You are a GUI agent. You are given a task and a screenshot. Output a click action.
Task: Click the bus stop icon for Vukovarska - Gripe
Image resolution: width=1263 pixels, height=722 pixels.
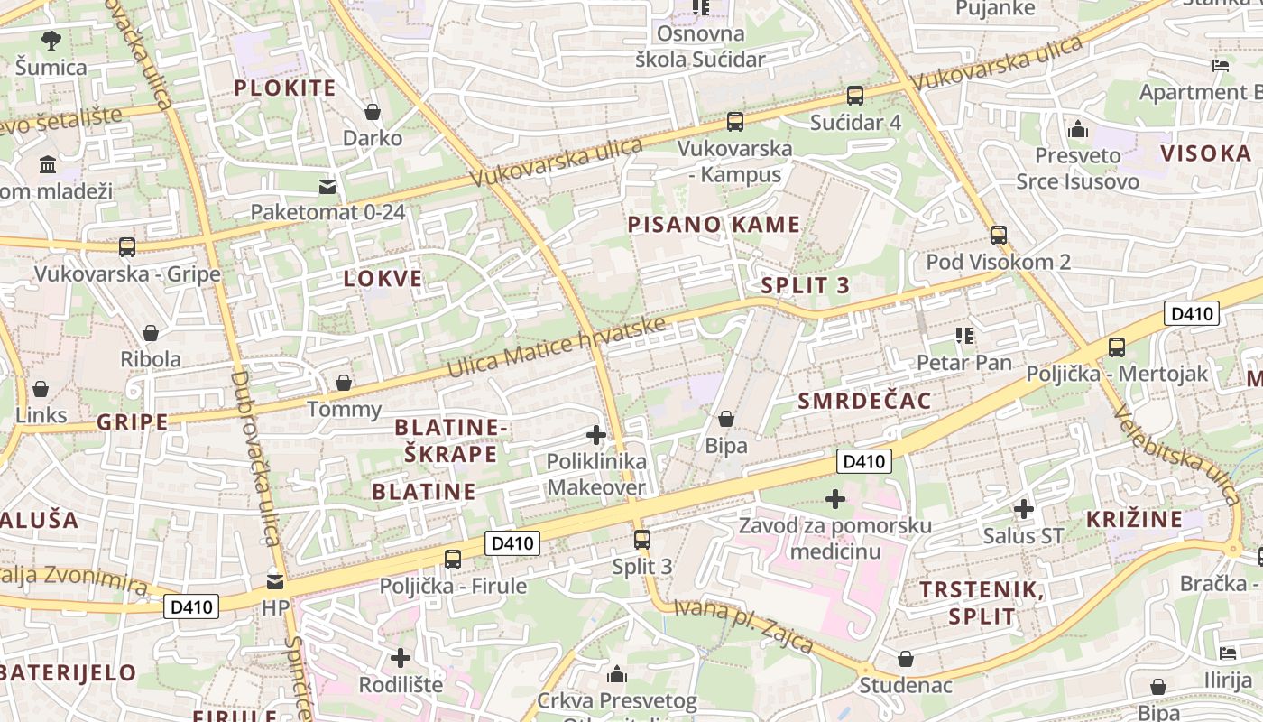coord(127,246)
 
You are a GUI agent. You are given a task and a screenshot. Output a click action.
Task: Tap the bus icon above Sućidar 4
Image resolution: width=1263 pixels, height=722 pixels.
coord(854,95)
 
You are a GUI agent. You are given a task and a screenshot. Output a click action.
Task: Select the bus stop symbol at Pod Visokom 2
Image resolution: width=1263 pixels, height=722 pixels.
coord(998,235)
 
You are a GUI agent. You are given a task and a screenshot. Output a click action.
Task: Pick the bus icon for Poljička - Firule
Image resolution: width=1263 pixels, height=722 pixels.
coord(453,559)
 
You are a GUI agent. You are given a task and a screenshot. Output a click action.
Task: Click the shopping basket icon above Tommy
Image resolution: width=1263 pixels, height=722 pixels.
coord(343,383)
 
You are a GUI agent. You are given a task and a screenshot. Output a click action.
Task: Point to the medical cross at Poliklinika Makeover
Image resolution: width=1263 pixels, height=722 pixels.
coord(595,435)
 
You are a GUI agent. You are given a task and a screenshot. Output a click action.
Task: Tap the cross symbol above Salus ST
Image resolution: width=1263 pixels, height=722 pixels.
coord(1023,509)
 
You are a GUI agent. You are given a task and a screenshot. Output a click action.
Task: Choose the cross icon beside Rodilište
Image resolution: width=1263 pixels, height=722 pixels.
coord(400,657)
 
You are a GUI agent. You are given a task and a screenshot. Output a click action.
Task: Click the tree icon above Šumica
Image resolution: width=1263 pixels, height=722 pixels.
coord(51,40)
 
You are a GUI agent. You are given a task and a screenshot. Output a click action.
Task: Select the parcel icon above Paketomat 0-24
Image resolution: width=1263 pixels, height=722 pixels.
coord(327,186)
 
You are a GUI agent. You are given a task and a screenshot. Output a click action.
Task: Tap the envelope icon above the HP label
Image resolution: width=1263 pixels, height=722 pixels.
coord(275,581)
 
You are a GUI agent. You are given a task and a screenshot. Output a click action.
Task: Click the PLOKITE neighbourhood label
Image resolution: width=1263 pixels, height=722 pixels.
coord(284,88)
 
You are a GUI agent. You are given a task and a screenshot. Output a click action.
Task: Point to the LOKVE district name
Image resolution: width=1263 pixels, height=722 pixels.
coord(383,278)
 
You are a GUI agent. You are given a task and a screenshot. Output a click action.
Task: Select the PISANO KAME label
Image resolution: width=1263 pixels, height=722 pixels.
coord(714,224)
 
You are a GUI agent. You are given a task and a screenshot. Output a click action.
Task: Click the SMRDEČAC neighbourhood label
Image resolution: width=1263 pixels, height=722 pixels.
coord(863,401)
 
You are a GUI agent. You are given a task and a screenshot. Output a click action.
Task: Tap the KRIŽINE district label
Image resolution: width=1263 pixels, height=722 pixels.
coord(1134,519)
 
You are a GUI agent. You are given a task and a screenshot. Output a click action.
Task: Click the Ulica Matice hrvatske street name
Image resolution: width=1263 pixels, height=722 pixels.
coord(557,347)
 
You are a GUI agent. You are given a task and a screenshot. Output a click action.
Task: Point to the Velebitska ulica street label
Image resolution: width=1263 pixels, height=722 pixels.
coord(1178,455)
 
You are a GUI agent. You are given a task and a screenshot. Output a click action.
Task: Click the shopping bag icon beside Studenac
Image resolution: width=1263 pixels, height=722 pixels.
coord(906,659)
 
